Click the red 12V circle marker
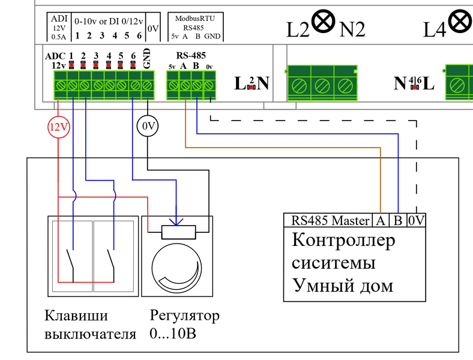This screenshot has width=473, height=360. (x=58, y=126)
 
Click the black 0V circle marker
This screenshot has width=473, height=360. (x=148, y=126)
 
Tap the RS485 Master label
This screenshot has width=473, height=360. (x=330, y=220)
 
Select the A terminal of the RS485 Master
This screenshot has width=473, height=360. (x=381, y=220)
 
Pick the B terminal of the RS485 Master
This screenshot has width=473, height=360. (x=398, y=220)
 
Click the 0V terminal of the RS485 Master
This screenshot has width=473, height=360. (x=416, y=220)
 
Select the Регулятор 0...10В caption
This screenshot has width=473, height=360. (x=184, y=325)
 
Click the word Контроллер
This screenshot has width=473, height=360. (x=344, y=241)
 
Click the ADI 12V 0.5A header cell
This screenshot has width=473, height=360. (x=59, y=28)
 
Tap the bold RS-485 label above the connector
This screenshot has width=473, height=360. (x=191, y=55)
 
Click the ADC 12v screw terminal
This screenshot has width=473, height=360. (x=60, y=86)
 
